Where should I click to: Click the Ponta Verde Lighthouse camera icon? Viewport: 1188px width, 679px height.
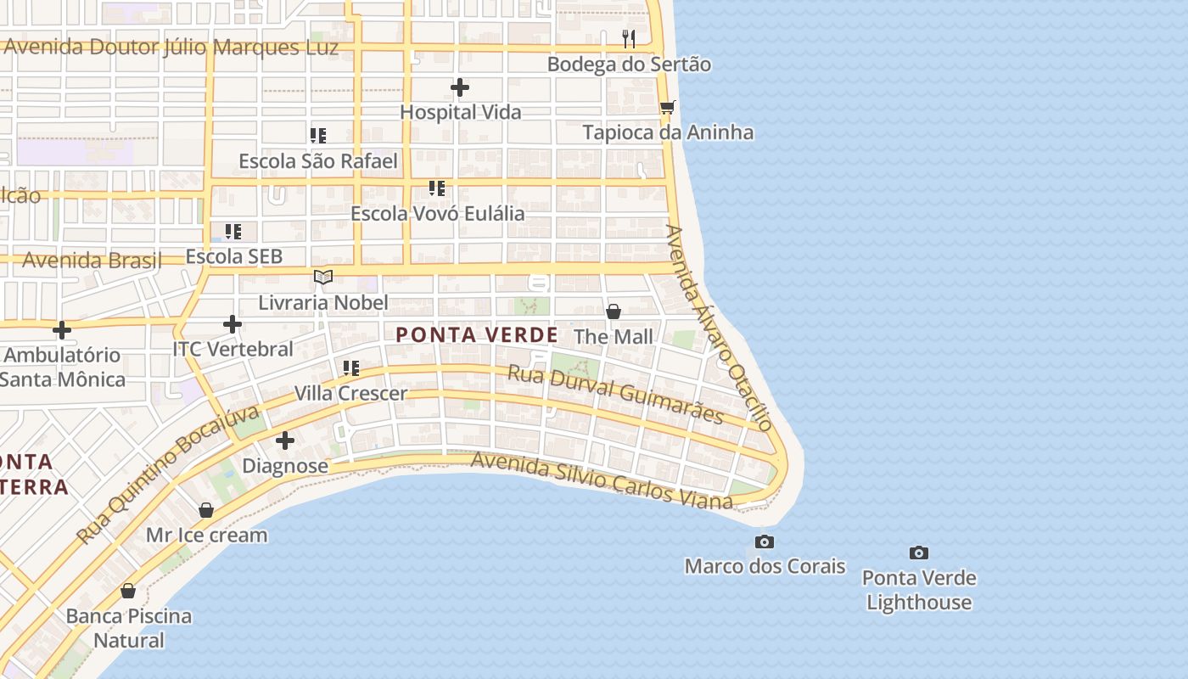coord(918,553)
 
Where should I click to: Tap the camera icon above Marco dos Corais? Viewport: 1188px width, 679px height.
coord(765,542)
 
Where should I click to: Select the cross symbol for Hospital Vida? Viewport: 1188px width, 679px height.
coord(460,87)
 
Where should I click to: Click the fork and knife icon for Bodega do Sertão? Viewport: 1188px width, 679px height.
coord(629,39)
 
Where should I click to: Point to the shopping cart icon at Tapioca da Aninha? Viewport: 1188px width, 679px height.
coord(668,108)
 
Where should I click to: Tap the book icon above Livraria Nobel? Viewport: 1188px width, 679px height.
coord(323,277)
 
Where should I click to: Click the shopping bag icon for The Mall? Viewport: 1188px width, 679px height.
coord(614,311)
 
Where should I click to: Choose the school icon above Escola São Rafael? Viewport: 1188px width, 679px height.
coord(318,136)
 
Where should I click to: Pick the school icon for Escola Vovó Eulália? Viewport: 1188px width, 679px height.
coord(437,188)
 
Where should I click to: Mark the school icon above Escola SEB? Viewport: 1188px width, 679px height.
coord(233,231)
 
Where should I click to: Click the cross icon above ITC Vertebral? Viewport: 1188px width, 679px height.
coord(233,323)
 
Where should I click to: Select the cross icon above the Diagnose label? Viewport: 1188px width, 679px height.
coord(285,441)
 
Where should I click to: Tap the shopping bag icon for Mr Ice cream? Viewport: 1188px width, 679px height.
coord(206,510)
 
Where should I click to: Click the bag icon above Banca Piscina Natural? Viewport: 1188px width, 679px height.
coord(128,591)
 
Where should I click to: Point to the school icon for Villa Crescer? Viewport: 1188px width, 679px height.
coord(350,368)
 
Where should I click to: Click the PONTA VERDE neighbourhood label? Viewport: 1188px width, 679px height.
coord(477,335)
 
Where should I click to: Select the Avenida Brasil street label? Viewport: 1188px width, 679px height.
coord(92,261)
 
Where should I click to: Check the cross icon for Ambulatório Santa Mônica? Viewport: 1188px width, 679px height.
coord(62,330)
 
